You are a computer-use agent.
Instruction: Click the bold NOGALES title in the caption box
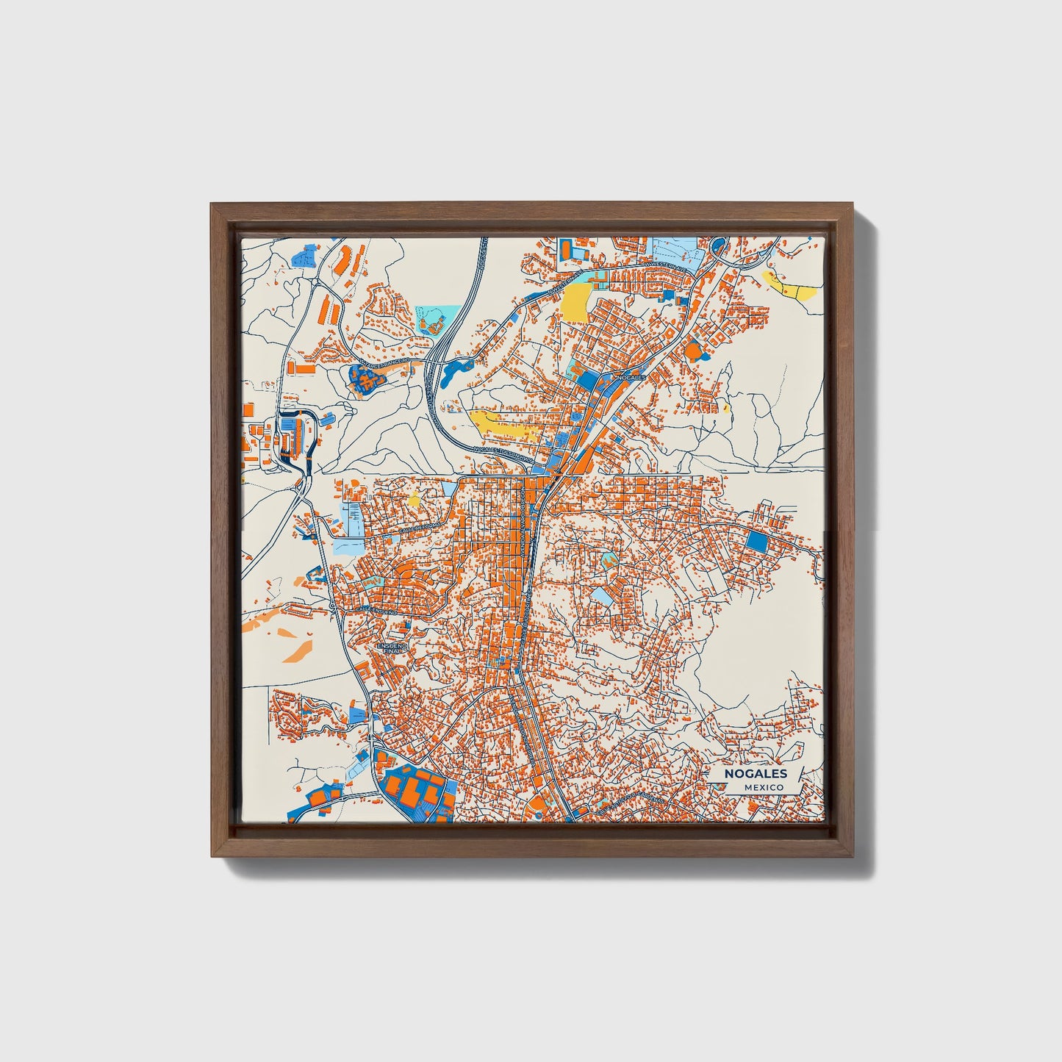(756, 773)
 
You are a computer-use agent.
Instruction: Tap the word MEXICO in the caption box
(763, 787)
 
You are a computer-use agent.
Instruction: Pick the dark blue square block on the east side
(756, 542)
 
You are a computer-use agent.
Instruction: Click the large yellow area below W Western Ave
(576, 302)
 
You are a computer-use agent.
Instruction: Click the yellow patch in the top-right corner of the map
(790, 285)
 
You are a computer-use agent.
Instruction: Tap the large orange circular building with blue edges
(693, 351)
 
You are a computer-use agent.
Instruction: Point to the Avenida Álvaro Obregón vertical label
(526, 514)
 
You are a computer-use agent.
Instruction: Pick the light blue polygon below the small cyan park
(603, 596)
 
